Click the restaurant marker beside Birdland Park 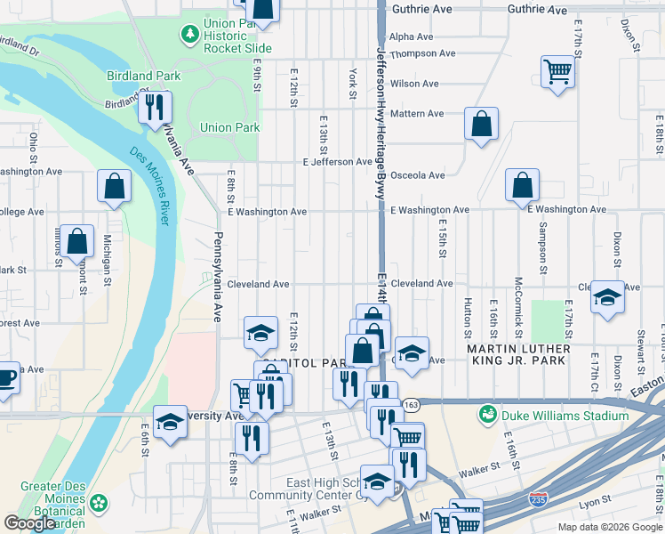(x=155, y=108)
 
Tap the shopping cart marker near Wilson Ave (x=557, y=72)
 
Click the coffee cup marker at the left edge (x=4, y=376)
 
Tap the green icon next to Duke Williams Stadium (x=487, y=414)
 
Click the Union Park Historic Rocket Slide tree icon (x=189, y=34)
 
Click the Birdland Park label (x=144, y=77)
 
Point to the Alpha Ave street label (x=412, y=36)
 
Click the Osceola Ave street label (x=418, y=175)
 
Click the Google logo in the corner (x=30, y=523)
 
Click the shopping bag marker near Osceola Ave (x=522, y=186)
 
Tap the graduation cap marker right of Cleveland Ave (x=607, y=297)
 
